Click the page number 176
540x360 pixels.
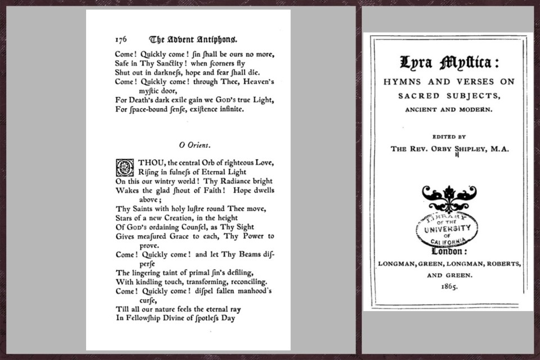[x=121, y=40]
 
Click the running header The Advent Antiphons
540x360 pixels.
[x=193, y=39]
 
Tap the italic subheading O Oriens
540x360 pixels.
[x=195, y=145]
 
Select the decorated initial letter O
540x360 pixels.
[x=123, y=167]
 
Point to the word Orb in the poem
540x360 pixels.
[x=202, y=163]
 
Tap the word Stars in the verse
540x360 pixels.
[x=125, y=218]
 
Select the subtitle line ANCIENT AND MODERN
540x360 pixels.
[x=448, y=109]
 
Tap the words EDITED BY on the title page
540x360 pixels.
[x=448, y=136]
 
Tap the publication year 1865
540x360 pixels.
[x=448, y=286]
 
